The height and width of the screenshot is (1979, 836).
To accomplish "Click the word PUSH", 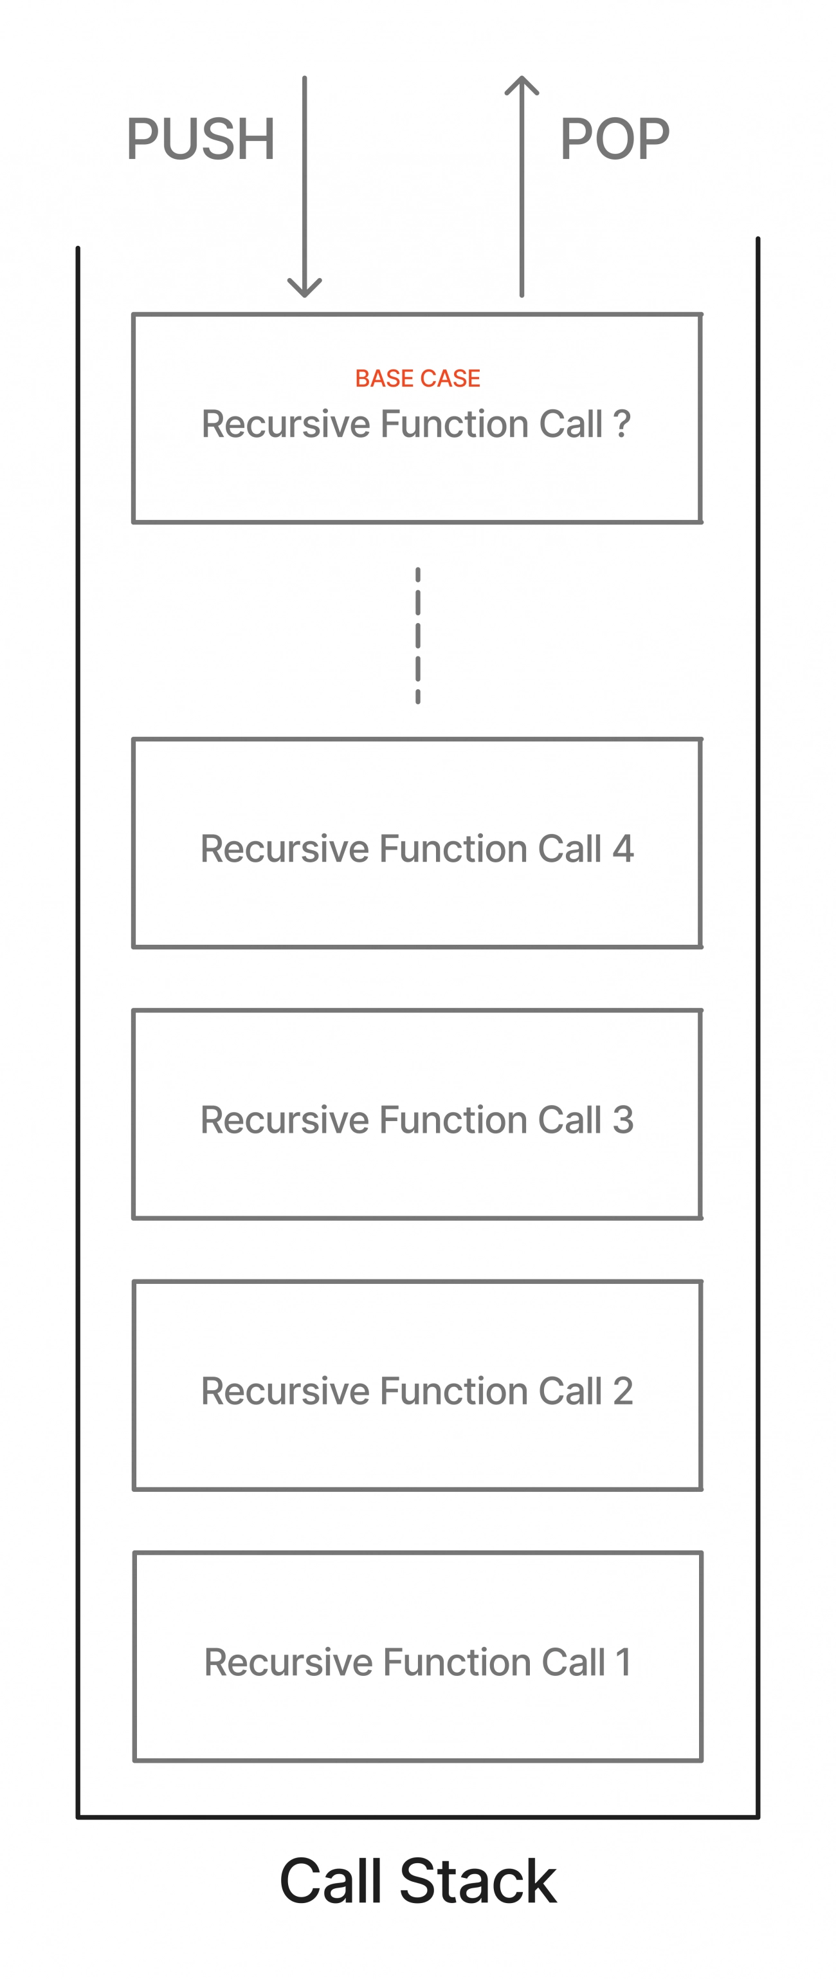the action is coord(201,139).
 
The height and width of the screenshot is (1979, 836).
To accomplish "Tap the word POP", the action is coord(615,139).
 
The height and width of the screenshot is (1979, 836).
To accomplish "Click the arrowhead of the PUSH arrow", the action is coord(305,287).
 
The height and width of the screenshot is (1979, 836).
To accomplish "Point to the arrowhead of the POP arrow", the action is coord(522,86).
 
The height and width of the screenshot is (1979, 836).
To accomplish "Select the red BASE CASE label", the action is coord(417,378).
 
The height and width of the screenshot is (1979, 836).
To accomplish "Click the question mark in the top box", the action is coord(622,423).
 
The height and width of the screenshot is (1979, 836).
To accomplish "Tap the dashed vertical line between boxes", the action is coord(417,635).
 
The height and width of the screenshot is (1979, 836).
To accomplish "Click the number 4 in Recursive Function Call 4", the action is coord(623,849).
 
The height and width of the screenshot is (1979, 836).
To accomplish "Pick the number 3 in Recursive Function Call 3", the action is coord(623,1120).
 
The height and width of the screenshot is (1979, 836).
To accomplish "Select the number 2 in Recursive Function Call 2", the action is coord(623,1391).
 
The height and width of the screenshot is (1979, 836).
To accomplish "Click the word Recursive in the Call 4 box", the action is coord(286,849).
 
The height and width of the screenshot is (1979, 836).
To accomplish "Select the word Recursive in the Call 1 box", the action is coord(289,1662).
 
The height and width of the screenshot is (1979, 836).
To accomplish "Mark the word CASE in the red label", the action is coord(451,378).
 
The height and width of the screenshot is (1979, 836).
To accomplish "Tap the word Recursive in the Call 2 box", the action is coord(286,1391).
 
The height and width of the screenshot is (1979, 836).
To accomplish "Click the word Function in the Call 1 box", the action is coord(457,1662).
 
